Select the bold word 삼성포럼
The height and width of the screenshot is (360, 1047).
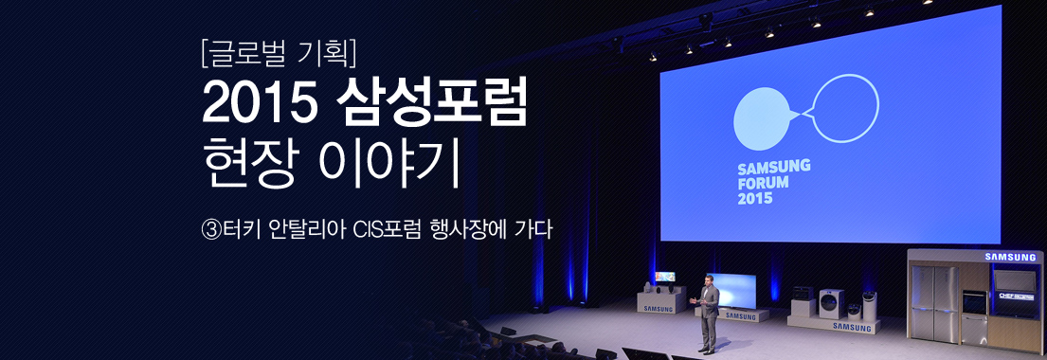tap(431, 106)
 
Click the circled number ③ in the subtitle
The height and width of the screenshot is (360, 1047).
tap(211, 229)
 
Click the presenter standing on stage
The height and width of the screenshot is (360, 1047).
tap(707, 310)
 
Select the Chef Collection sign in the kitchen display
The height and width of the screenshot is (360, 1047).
tap(1016, 296)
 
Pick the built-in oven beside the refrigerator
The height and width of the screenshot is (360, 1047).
tap(974, 308)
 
